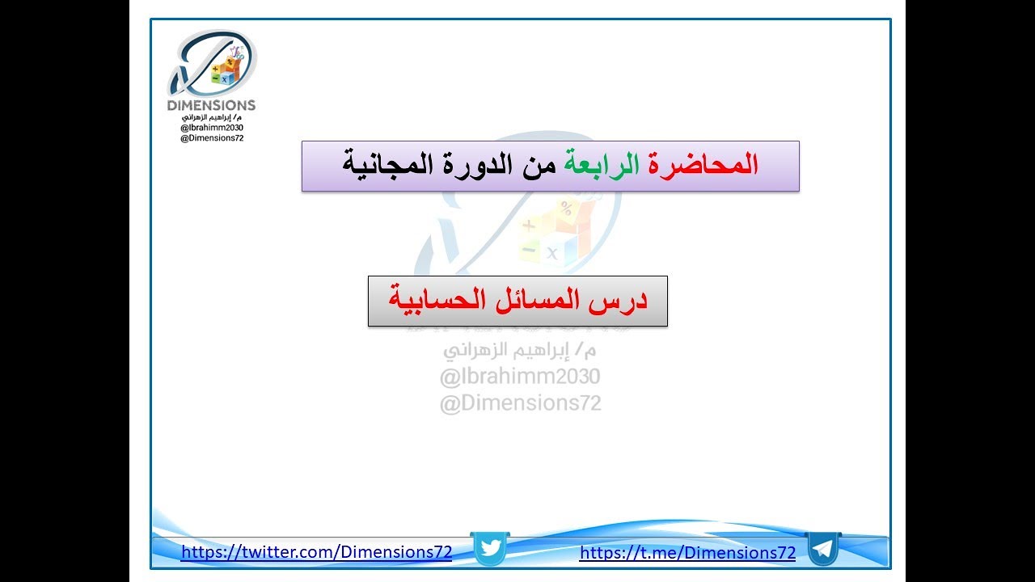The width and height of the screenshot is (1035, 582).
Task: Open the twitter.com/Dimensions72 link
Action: [x=316, y=553]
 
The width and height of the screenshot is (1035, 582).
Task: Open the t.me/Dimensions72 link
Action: [x=687, y=553]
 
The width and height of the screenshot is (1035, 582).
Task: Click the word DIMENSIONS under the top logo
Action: [x=211, y=105]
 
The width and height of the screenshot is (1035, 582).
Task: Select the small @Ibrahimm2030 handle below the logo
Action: [x=212, y=128]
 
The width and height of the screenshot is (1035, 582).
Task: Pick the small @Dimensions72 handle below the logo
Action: [x=212, y=138]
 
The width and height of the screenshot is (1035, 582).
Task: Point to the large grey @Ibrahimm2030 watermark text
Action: [x=520, y=377]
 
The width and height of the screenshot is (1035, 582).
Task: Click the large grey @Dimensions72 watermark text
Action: [x=520, y=403]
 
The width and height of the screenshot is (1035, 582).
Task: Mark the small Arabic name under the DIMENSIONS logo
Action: [x=212, y=117]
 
